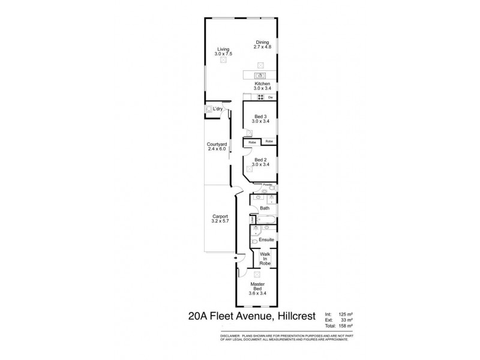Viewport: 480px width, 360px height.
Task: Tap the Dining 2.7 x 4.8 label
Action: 261,44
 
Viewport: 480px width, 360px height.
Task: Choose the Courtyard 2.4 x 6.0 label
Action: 216,147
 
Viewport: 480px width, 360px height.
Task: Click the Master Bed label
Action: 262,289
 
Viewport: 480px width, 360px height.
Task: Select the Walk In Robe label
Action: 265,259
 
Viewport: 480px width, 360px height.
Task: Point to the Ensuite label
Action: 266,239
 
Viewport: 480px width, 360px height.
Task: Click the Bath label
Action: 265,208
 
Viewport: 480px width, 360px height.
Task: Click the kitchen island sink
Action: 260,75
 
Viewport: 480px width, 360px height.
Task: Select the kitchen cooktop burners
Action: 260,97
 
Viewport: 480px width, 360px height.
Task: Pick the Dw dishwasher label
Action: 271,97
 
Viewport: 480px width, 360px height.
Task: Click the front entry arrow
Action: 236,259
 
